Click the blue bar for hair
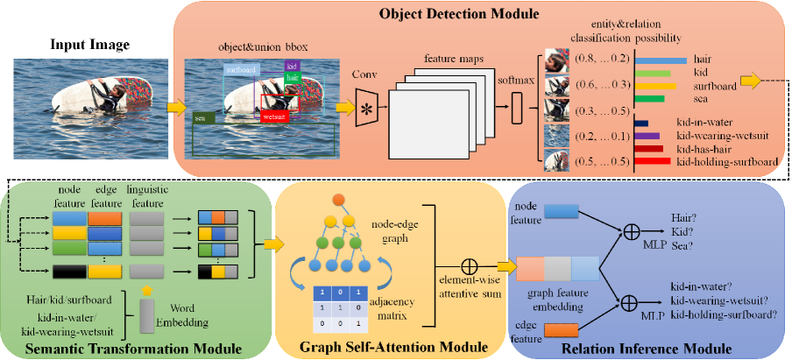coord(660,60)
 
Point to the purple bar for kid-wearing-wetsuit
coord(647,136)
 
